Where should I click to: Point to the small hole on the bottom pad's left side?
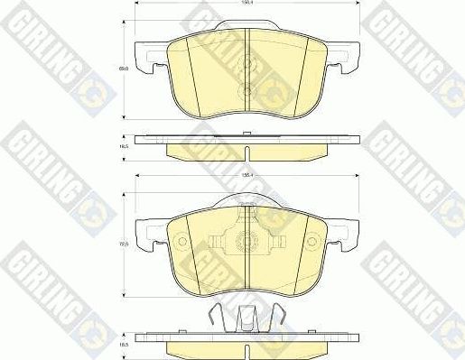(182, 241)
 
